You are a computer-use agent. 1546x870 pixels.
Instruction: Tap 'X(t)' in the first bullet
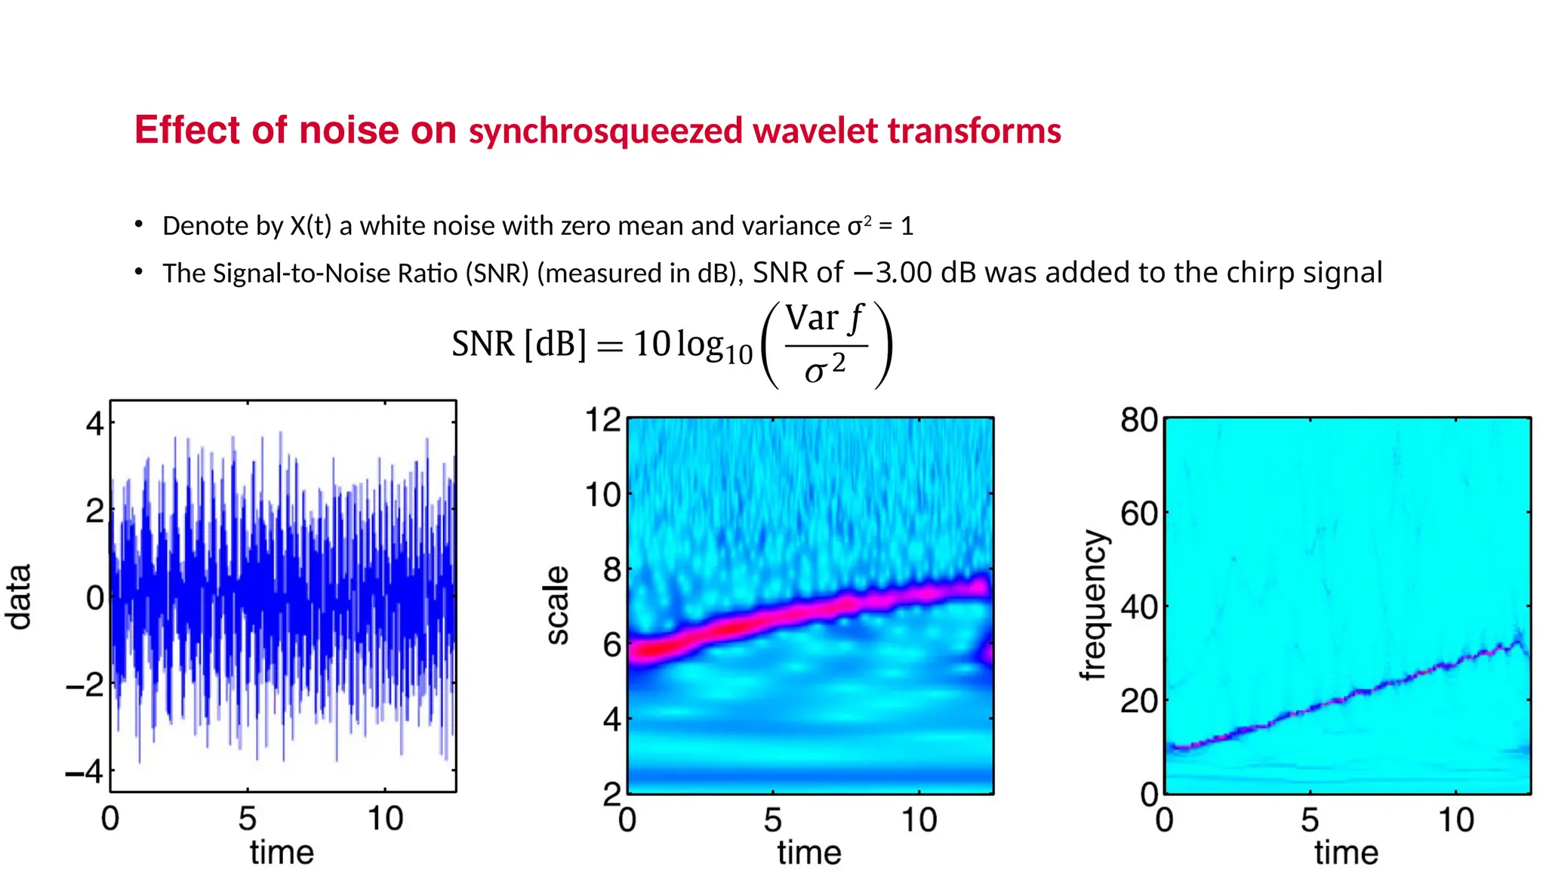[310, 226]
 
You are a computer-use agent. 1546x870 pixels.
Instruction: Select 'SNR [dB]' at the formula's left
[519, 344]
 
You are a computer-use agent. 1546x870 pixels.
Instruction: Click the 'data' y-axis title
[19, 596]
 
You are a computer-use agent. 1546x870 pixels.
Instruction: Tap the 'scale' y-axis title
[557, 605]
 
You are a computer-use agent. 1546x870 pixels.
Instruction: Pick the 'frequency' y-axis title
[1094, 605]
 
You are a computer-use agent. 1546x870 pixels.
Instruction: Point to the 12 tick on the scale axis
[603, 420]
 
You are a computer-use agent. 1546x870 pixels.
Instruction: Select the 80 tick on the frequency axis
[1139, 420]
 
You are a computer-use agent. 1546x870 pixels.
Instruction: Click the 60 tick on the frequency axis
[1139, 514]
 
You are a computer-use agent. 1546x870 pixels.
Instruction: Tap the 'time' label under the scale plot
[809, 853]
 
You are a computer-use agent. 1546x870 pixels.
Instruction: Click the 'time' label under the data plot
[282, 853]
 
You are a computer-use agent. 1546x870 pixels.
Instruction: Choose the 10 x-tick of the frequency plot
[1456, 820]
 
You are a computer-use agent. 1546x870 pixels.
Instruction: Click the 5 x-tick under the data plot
[248, 819]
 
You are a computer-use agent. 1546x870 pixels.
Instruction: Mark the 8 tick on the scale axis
[611, 569]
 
